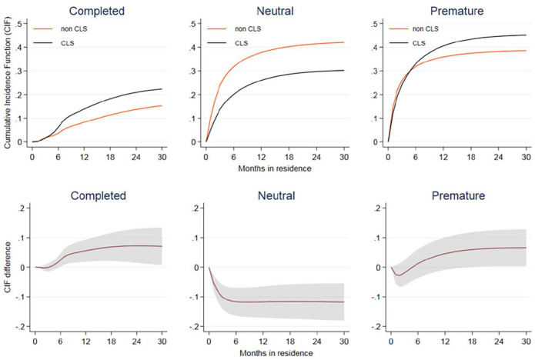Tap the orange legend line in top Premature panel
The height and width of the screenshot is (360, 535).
pyautogui.click(x=400, y=29)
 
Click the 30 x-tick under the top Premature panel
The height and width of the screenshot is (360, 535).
pyautogui.click(x=526, y=156)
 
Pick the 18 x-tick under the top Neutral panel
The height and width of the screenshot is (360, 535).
pyautogui.click(x=297, y=156)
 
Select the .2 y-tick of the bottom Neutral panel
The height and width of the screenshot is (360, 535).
pyautogui.click(x=199, y=208)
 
